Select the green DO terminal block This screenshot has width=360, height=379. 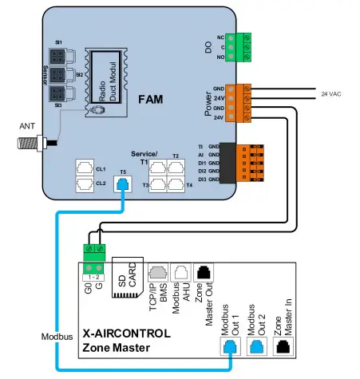(x=237, y=46)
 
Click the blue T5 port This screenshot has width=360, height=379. (x=122, y=184)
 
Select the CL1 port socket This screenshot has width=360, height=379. (x=83, y=168)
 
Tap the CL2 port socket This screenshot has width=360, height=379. (x=83, y=184)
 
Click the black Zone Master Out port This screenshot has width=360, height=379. (x=204, y=274)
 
